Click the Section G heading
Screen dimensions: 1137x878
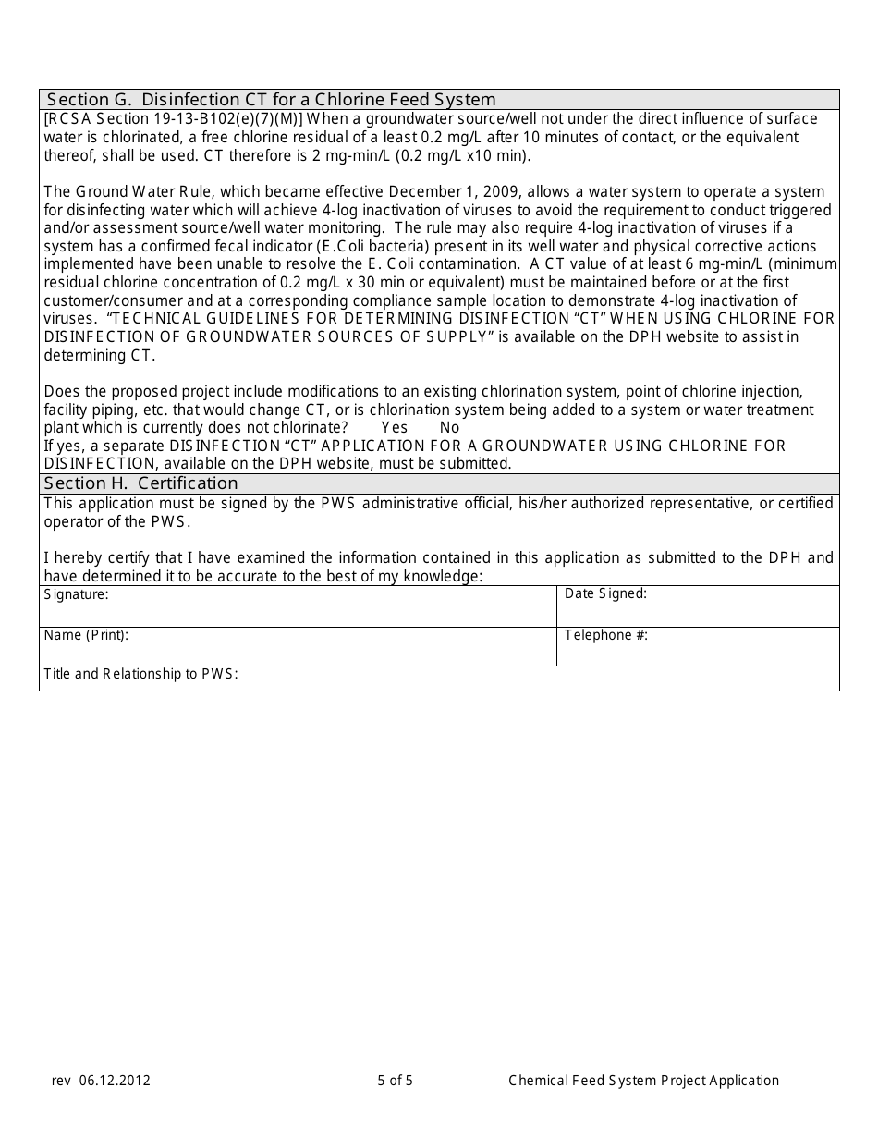(x=271, y=100)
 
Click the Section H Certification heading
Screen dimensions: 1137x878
(x=140, y=483)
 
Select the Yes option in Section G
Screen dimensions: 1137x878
(x=394, y=428)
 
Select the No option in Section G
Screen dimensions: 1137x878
(x=449, y=428)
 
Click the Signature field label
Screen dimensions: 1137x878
(x=76, y=594)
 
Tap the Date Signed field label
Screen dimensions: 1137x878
(x=605, y=593)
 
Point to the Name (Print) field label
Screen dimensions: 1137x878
(x=86, y=635)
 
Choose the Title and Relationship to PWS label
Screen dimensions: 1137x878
(x=140, y=674)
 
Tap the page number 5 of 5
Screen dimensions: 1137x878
(x=396, y=1081)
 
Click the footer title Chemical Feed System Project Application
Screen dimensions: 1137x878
(x=643, y=1081)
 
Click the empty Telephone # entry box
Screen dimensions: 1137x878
(x=698, y=652)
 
